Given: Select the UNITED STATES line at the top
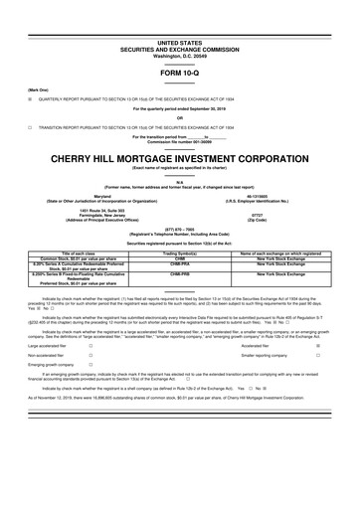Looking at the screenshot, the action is (179, 16).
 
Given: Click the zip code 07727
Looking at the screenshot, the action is (268, 213).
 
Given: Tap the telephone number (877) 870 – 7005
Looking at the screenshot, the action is (179, 226).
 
